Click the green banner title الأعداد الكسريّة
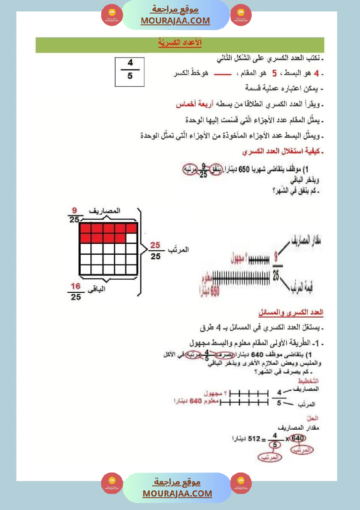click(x=179, y=43)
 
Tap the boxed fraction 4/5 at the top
click(x=130, y=71)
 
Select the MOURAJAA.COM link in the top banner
click(x=175, y=21)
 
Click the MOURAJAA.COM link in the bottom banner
click(x=177, y=493)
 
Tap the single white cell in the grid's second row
click(x=131, y=238)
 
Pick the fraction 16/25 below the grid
click(x=75, y=291)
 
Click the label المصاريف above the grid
click(x=105, y=211)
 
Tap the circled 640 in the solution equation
click(x=298, y=438)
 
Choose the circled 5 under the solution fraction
click(x=274, y=445)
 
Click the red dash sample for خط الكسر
click(x=222, y=74)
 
